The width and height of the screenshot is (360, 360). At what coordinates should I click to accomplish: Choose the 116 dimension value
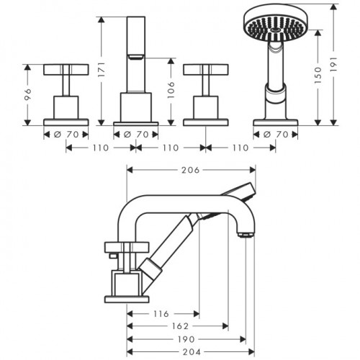pyautogui.click(x=163, y=315)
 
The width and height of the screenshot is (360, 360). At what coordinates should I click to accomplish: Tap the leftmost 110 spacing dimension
pyautogui.click(x=101, y=148)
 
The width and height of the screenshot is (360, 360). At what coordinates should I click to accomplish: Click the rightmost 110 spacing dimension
pyautogui.click(x=240, y=148)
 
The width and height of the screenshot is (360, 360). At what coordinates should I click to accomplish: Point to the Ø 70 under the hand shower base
pyautogui.click(x=276, y=134)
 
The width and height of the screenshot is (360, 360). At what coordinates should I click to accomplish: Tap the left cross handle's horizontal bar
pyautogui.click(x=66, y=69)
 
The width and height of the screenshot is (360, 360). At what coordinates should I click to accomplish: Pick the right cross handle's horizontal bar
pyautogui.click(x=206, y=69)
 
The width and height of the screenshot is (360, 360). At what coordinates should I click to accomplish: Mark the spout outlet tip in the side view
pyautogui.click(x=245, y=235)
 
